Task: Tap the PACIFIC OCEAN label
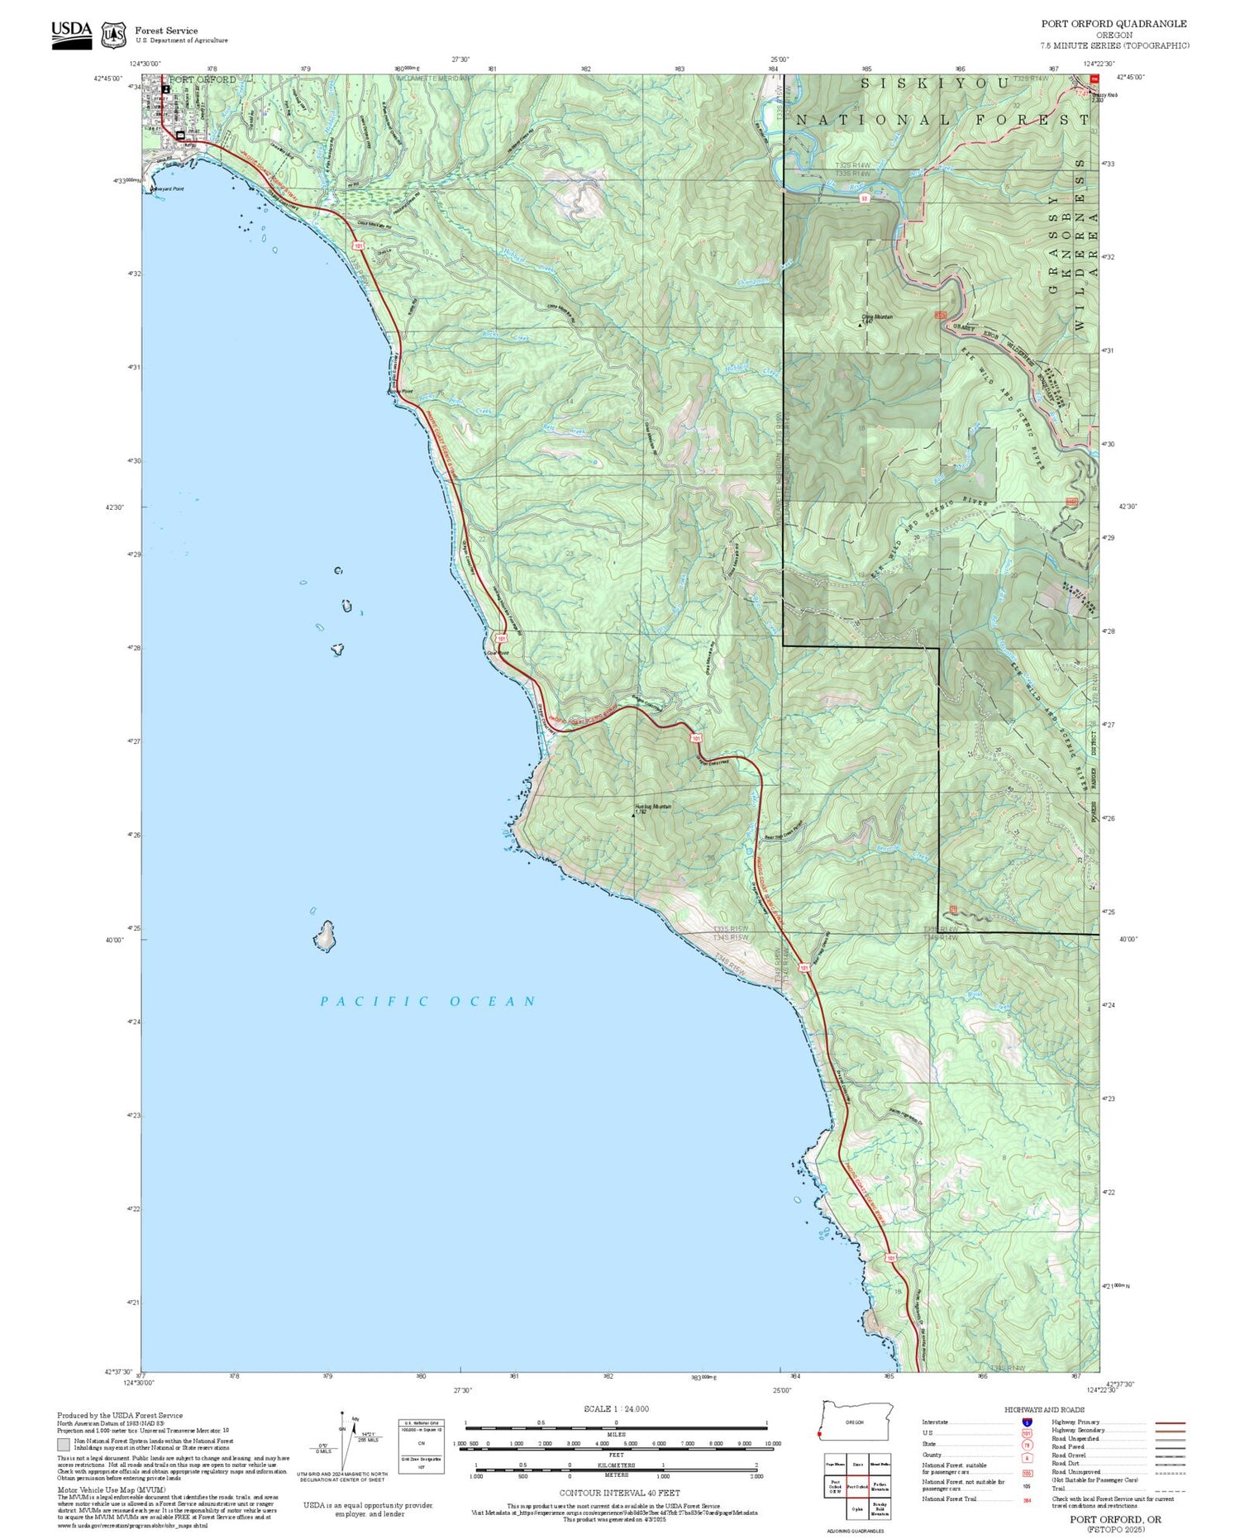428,1001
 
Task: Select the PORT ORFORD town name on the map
203,80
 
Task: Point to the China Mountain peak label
877,317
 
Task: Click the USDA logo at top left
72,35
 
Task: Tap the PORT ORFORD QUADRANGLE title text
1114,23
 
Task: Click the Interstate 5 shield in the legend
1027,1422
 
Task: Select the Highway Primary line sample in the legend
1166,1422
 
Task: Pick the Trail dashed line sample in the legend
1166,1490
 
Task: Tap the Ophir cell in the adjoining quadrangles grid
857,1508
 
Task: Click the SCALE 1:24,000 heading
616,1409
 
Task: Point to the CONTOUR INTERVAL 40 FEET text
619,1493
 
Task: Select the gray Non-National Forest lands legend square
64,1445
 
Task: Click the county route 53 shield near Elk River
864,199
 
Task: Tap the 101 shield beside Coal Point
501,639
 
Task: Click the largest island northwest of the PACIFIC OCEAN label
325,936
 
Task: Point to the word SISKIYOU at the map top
935,83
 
